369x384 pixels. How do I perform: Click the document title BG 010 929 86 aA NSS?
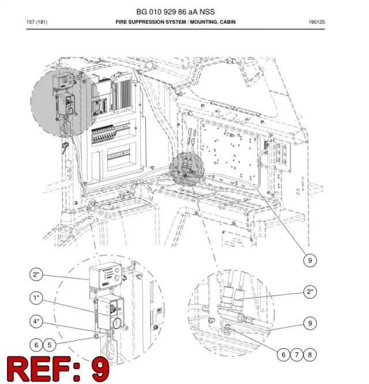(x=175, y=12)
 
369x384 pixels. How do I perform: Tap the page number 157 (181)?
(x=37, y=22)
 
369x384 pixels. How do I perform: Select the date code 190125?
(x=317, y=22)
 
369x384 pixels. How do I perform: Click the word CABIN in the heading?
(x=228, y=22)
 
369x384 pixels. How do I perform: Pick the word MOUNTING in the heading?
(x=204, y=22)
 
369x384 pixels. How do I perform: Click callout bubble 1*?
(x=36, y=298)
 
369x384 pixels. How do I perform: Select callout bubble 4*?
(x=36, y=321)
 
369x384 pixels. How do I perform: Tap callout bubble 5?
(x=50, y=345)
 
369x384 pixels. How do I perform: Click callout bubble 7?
(x=297, y=355)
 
